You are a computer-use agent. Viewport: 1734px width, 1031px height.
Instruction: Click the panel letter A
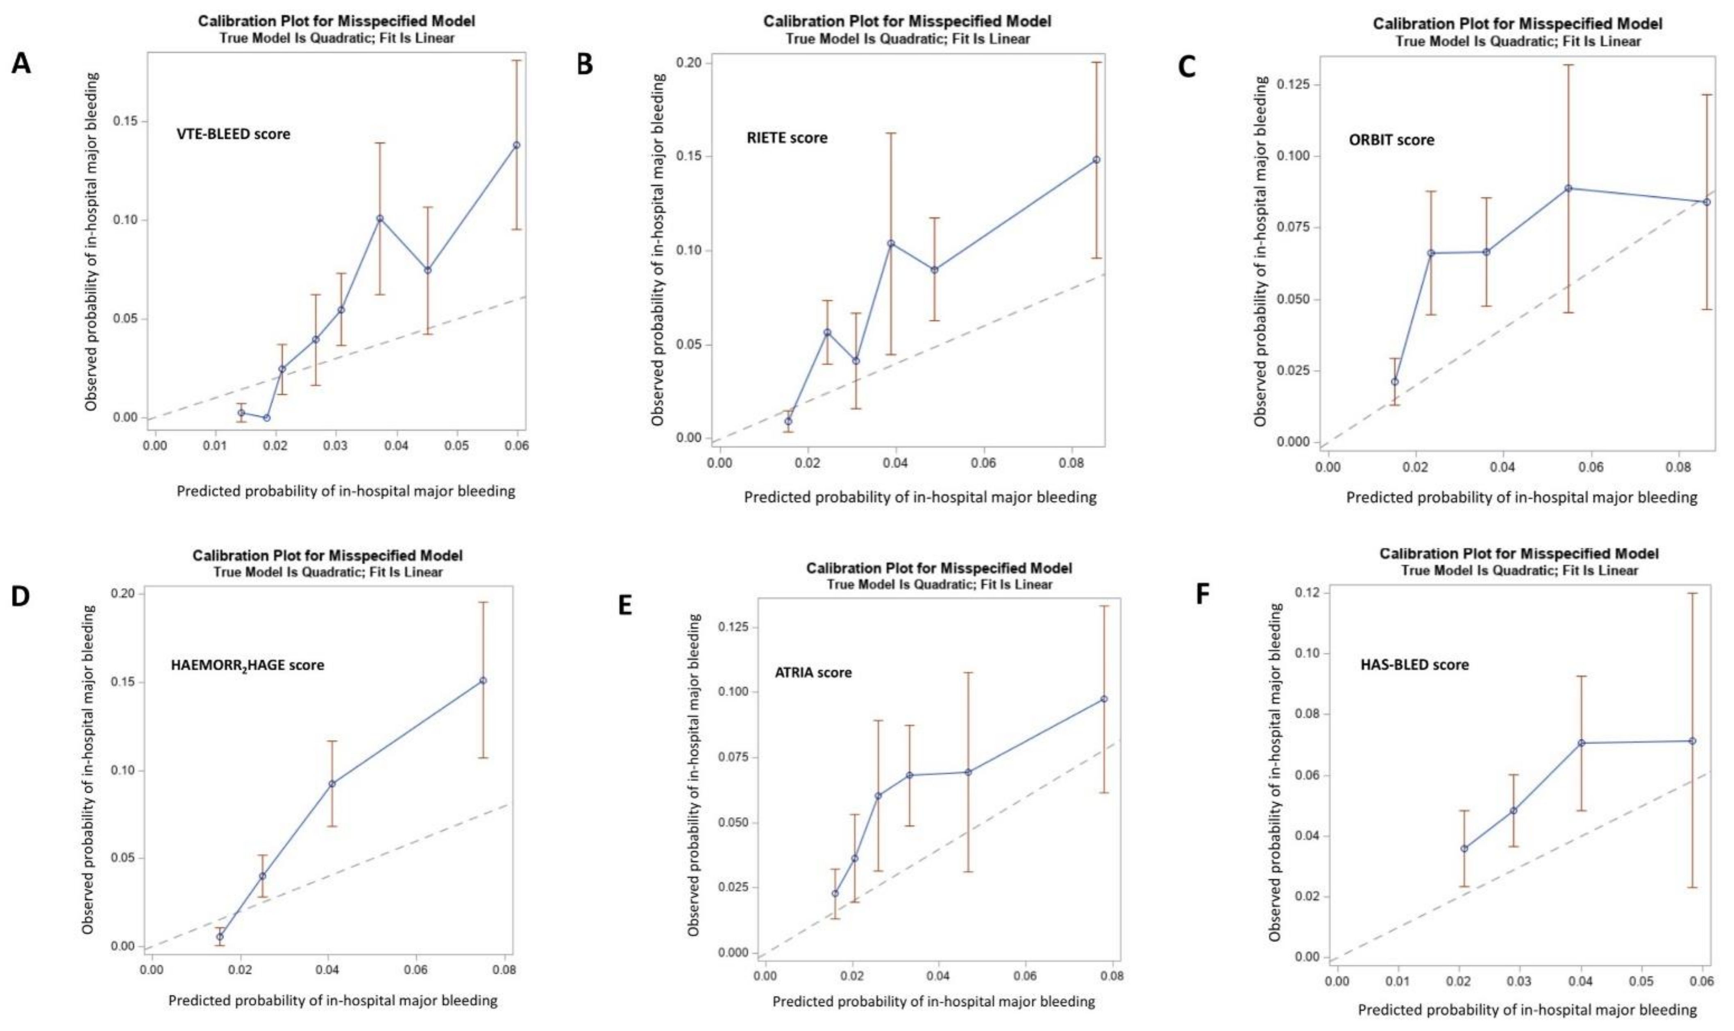point(22,65)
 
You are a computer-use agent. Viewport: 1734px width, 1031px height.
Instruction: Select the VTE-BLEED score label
point(234,134)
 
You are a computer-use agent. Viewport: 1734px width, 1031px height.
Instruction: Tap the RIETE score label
point(787,138)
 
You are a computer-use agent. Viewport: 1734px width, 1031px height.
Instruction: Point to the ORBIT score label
point(1391,140)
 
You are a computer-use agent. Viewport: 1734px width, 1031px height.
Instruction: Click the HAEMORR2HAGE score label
point(247,665)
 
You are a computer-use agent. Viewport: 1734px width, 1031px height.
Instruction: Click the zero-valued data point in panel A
point(266,418)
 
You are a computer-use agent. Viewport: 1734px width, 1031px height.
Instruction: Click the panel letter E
point(625,605)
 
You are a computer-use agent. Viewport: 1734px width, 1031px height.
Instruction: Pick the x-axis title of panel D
point(333,1000)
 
